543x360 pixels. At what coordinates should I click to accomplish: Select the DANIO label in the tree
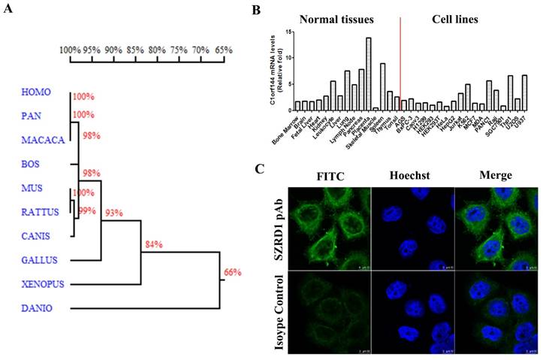coord(35,307)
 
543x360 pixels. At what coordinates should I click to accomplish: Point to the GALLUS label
coord(38,260)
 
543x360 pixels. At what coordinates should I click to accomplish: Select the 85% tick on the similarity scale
coord(135,50)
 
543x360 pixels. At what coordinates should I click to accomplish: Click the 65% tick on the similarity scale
coord(223,50)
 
